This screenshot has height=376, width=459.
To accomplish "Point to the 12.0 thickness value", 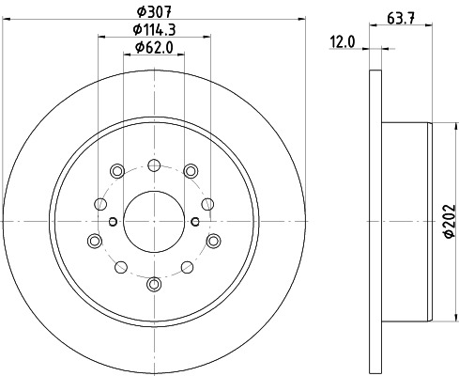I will tap(344, 41).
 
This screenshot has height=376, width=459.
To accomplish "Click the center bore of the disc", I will tap(153, 221).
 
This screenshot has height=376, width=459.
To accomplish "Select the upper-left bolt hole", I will tap(117, 170).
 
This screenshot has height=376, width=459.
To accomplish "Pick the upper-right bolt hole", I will tap(189, 170).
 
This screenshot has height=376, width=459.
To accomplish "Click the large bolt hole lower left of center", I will tap(95, 240).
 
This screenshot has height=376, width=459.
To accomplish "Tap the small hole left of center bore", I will tap(112, 221).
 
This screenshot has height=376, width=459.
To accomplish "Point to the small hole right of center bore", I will tap(194, 221).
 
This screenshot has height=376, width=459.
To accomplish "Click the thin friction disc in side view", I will tap(375, 221).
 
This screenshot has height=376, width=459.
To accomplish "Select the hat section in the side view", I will tap(408, 221).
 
